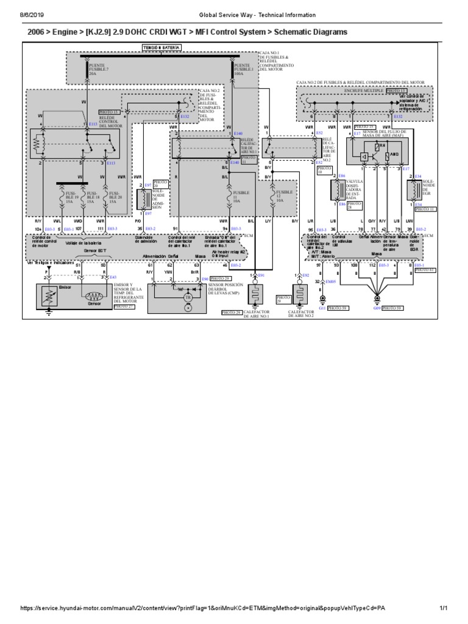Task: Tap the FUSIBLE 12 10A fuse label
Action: pos(284,196)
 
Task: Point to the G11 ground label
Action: pos(323,308)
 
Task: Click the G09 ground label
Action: pos(377,308)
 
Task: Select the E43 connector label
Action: pos(113,277)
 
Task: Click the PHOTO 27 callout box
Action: pos(124,307)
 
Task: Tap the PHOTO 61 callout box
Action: pos(425,269)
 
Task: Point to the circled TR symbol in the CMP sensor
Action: pos(188,298)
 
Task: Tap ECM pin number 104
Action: pos(38,229)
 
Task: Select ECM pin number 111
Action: pos(101,229)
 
